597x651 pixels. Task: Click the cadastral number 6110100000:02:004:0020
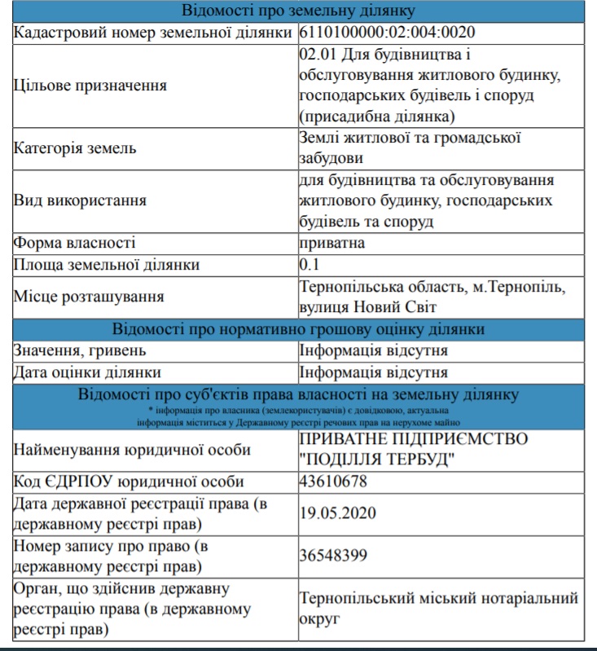tap(387, 33)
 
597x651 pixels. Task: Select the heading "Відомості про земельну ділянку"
tap(298, 11)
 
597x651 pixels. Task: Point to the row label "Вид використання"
tap(81, 200)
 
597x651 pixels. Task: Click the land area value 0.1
tap(310, 265)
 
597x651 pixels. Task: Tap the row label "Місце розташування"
tap(89, 297)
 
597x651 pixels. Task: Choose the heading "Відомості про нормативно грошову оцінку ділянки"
tap(298, 329)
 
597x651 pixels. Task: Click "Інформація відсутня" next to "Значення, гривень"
tap(373, 351)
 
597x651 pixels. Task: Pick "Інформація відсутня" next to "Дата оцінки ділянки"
tap(373, 372)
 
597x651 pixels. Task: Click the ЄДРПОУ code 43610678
tap(333, 482)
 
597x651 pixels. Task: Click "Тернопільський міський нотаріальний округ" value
tap(438, 609)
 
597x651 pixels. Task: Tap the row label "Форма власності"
tap(74, 243)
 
